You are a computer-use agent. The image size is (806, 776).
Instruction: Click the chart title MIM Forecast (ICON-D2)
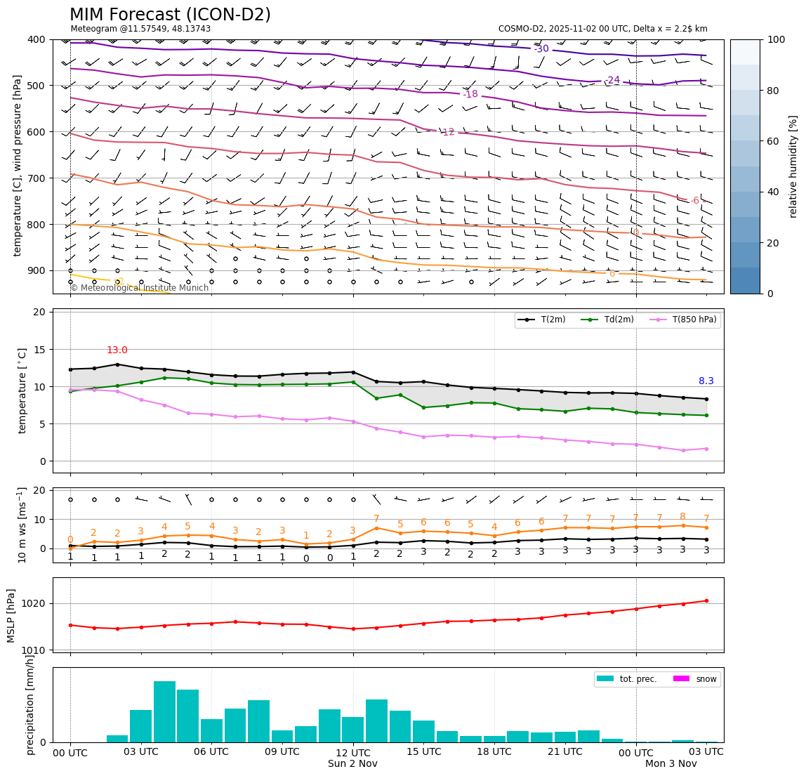pos(170,15)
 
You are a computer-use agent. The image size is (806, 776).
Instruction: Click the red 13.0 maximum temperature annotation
pos(117,350)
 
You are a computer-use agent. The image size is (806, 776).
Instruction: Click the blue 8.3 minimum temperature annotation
pos(706,381)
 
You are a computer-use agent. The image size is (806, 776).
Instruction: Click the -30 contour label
pos(541,49)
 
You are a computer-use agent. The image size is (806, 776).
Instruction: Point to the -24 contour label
pos(612,80)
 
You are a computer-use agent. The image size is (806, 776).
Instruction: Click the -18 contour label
pos(470,94)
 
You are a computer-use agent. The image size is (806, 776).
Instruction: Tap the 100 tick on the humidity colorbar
pos(777,39)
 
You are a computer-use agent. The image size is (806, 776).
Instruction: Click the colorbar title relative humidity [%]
pos(793,166)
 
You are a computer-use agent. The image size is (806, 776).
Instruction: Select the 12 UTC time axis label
pos(352,752)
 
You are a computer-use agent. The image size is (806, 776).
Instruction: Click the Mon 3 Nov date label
pos(670,764)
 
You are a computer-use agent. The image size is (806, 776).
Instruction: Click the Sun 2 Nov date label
pos(352,764)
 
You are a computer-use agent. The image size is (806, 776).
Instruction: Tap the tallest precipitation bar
pos(164,711)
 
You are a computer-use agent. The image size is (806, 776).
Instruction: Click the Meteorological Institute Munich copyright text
pos(139,288)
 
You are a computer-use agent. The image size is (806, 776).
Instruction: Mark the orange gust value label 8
pos(682,517)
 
